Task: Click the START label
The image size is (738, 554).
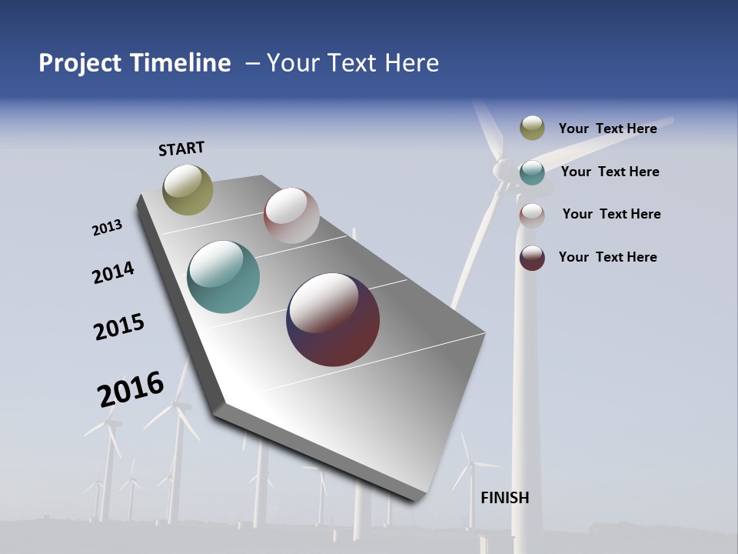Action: coord(181,149)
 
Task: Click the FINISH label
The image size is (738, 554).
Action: coord(505,498)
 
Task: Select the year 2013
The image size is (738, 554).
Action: coord(107,228)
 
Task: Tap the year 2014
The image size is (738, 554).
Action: coord(113,273)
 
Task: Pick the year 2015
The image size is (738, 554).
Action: coord(119,327)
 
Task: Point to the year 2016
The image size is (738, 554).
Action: coord(131,389)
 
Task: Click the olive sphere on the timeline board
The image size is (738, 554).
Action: coord(188,189)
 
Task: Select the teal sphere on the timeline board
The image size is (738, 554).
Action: coord(224,277)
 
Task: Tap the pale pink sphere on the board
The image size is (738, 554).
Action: coord(291,215)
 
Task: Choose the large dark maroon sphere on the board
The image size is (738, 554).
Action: coord(333,319)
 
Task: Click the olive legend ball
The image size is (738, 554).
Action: coord(532,128)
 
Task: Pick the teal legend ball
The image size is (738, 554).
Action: coord(532,172)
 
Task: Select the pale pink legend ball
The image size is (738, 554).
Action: coord(532,215)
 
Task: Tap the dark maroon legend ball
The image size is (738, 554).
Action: coord(532,258)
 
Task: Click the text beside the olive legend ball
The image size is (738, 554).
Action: coord(607,128)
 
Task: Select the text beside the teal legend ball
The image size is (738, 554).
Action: coord(610,172)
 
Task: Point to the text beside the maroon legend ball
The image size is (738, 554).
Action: coord(607,257)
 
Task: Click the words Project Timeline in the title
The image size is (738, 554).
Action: coord(135,63)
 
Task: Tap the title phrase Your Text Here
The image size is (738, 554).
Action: coord(352,63)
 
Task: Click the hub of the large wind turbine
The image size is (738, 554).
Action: coord(501,169)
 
